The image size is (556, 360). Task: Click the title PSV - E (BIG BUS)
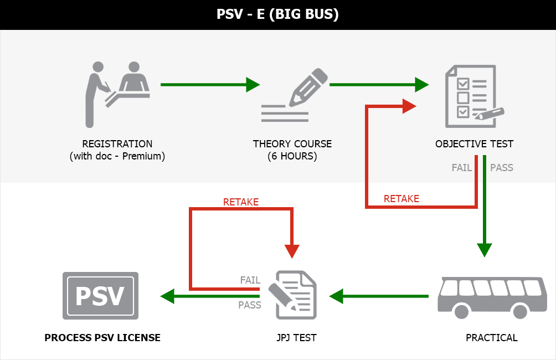pyautogui.click(x=277, y=14)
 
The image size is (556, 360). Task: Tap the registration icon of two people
pyautogui.click(x=117, y=91)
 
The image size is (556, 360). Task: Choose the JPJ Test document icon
pyautogui.click(x=293, y=295)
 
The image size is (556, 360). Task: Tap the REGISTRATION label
pyautogui.click(x=117, y=144)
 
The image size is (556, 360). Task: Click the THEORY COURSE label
pyautogui.click(x=292, y=144)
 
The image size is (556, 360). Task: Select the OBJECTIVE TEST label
pyautogui.click(x=474, y=144)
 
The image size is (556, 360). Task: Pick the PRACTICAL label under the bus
pyautogui.click(x=492, y=337)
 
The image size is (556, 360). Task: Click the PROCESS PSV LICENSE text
pyautogui.click(x=102, y=337)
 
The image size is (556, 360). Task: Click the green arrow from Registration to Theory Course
pyautogui.click(x=209, y=85)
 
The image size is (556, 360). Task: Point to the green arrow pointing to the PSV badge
pyautogui.click(x=210, y=296)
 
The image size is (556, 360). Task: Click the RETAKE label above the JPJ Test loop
pyautogui.click(x=241, y=202)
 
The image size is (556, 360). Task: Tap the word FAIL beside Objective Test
pyautogui.click(x=461, y=167)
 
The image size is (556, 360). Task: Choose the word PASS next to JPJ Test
pyautogui.click(x=250, y=305)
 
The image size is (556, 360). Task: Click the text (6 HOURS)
pyautogui.click(x=292, y=156)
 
